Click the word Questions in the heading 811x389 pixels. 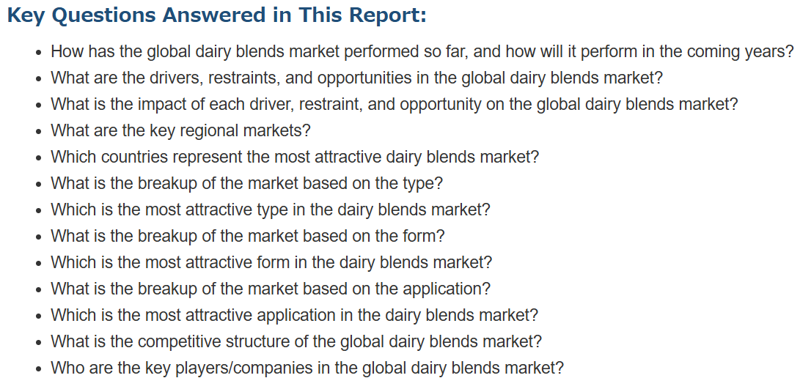coord(103,15)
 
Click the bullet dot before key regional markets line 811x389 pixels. coord(39,132)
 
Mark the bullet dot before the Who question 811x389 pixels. coord(39,369)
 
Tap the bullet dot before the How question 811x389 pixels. coord(39,53)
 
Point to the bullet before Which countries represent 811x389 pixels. coord(39,158)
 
